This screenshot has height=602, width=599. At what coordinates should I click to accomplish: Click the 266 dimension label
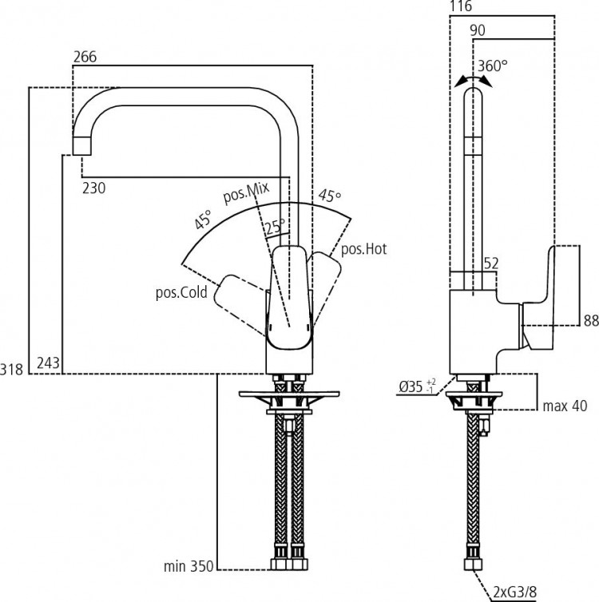[85, 57]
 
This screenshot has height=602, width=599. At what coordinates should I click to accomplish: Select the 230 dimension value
[94, 188]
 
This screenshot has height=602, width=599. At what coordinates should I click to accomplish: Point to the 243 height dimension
[48, 364]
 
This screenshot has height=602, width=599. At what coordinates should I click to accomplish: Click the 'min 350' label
[188, 568]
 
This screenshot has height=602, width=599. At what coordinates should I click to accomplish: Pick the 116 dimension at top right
[462, 7]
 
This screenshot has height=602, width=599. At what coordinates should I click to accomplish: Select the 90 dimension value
[478, 30]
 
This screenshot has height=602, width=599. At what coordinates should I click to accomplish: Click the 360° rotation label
[491, 65]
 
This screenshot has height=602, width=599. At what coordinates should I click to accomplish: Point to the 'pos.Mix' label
[246, 192]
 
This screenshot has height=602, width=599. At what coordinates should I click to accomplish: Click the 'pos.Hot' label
[363, 250]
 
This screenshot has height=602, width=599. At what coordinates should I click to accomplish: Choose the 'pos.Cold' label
[181, 292]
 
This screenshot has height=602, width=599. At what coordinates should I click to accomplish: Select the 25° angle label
[274, 228]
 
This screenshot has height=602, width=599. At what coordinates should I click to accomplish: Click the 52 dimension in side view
[492, 263]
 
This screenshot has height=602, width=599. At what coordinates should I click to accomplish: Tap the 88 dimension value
[590, 321]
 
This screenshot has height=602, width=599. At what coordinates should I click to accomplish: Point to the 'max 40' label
[565, 406]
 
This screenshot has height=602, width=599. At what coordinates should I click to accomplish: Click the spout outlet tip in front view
[82, 146]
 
